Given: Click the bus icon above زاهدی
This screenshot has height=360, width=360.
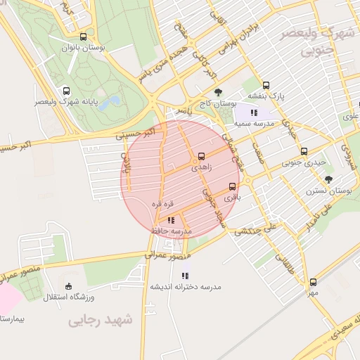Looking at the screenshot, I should (x=202, y=156).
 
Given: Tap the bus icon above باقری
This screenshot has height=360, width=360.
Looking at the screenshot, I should (x=233, y=186).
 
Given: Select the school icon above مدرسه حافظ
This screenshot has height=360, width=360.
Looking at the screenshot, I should (x=171, y=220).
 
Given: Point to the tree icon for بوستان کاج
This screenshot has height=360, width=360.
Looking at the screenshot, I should (x=217, y=92).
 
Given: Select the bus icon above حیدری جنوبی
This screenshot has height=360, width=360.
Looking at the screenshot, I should (x=304, y=150).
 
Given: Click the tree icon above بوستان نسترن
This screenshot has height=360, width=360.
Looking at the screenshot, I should (x=328, y=179).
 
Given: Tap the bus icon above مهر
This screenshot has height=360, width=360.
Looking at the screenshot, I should (x=313, y=282).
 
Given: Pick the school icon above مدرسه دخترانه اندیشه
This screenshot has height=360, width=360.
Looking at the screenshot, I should (x=186, y=276).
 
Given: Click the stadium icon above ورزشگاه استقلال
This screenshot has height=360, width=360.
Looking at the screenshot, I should (x=68, y=285).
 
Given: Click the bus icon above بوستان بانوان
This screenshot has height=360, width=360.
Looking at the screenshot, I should (x=84, y=37).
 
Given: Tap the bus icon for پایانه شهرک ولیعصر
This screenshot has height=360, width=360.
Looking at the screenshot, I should (x=67, y=91).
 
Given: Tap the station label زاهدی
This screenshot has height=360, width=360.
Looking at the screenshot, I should (x=201, y=168).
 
